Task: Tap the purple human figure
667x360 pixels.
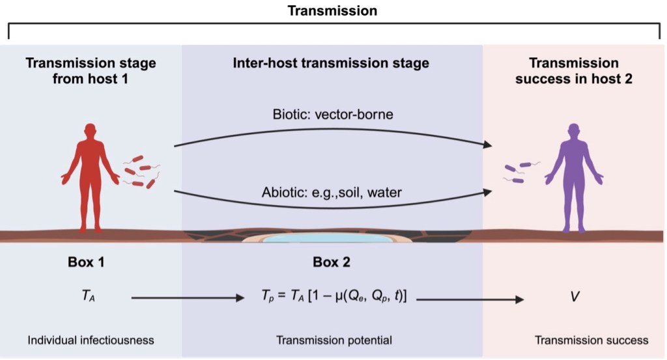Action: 573,176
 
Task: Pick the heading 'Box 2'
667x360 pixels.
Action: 331,262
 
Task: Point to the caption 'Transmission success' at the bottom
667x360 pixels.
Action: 591,340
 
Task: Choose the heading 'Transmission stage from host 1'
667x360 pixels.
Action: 91,71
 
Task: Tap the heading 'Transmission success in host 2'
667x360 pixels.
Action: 573,71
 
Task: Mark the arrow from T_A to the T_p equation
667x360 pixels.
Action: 186,298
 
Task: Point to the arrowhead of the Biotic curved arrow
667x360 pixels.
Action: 488,145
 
